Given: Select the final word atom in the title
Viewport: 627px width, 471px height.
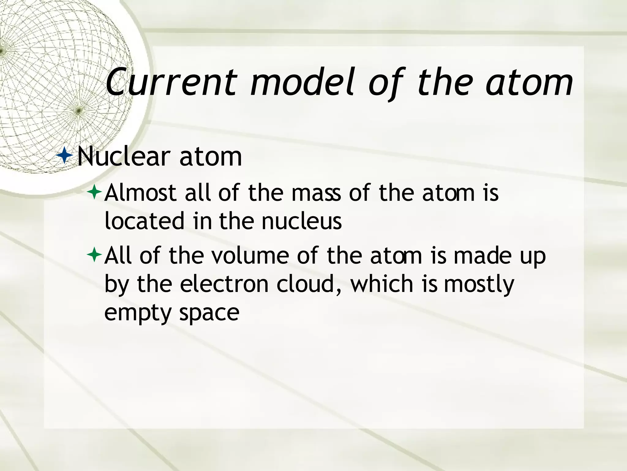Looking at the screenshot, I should click(529, 82).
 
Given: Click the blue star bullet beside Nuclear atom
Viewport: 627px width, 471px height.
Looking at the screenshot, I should click(65, 155).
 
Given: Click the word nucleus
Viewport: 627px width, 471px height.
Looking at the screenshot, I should click(302, 221).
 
